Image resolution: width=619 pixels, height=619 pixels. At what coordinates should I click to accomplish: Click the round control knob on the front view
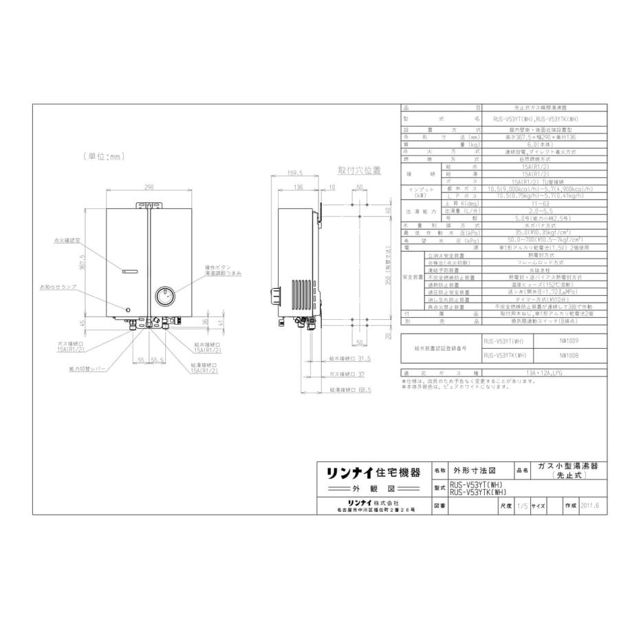click(165, 297)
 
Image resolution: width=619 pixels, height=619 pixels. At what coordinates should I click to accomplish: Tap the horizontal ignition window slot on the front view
click(130, 270)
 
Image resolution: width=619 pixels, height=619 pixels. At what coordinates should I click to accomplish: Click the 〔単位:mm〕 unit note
click(100, 156)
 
